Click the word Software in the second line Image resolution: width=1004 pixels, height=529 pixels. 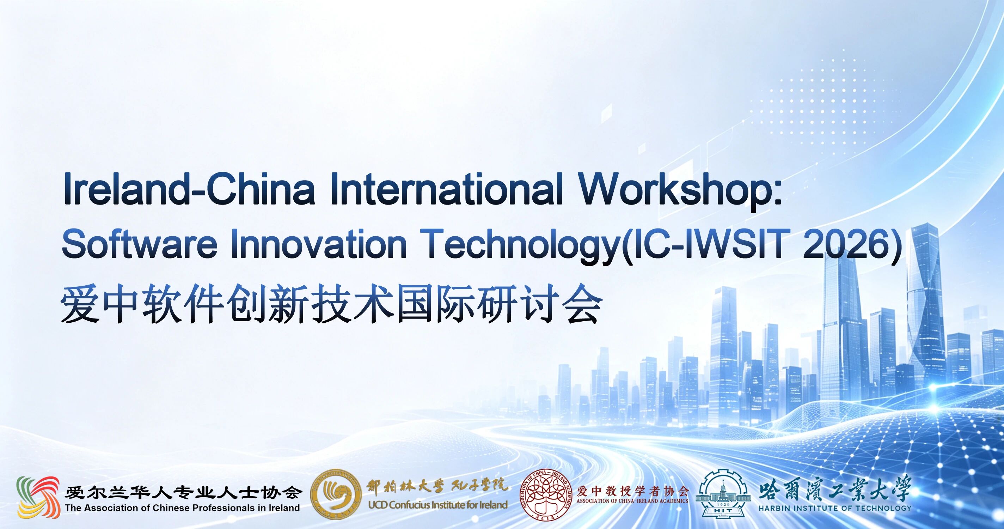(x=139, y=244)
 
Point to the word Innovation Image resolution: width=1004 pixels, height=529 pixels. (x=319, y=244)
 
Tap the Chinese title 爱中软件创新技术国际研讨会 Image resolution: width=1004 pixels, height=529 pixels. (x=331, y=304)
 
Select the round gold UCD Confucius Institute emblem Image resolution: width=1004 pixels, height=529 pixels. (x=336, y=494)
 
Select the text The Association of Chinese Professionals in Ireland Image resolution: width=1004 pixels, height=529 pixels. (x=182, y=508)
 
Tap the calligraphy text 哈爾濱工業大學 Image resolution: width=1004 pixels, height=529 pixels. (x=835, y=488)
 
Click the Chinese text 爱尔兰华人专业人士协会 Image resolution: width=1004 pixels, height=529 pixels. (x=184, y=492)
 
